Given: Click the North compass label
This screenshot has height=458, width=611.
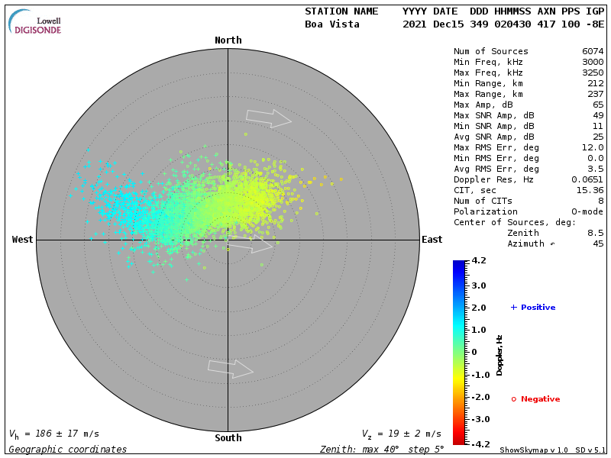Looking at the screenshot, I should coord(228,40).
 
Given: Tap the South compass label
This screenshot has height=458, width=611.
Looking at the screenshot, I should coord(228,438).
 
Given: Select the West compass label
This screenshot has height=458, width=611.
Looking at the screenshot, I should coord(23,240).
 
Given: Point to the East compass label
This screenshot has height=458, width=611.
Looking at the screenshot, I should coord(432,240).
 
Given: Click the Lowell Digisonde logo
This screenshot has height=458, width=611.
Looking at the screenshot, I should coord(36,22).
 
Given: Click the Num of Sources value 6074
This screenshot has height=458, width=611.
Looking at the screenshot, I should coord(593,51).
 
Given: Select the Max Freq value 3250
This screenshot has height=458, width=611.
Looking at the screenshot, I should coord(593,73).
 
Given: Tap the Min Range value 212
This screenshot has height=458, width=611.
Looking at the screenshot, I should coord(596,83).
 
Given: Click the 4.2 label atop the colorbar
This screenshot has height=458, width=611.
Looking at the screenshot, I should coord(479,261).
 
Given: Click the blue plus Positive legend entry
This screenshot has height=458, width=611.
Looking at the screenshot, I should coord(533,308).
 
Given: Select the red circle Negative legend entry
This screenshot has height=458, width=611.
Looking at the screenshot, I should coord(535,399).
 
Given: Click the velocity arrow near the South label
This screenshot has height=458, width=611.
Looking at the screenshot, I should coord(231,369).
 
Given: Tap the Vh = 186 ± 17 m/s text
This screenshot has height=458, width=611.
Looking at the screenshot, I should coord(54,434).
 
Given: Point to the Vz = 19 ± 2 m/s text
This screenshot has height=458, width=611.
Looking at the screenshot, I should coord(401,434).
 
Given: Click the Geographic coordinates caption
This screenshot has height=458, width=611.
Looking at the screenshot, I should coord(68,450).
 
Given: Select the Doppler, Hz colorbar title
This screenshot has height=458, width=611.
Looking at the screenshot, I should coord(499,355).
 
